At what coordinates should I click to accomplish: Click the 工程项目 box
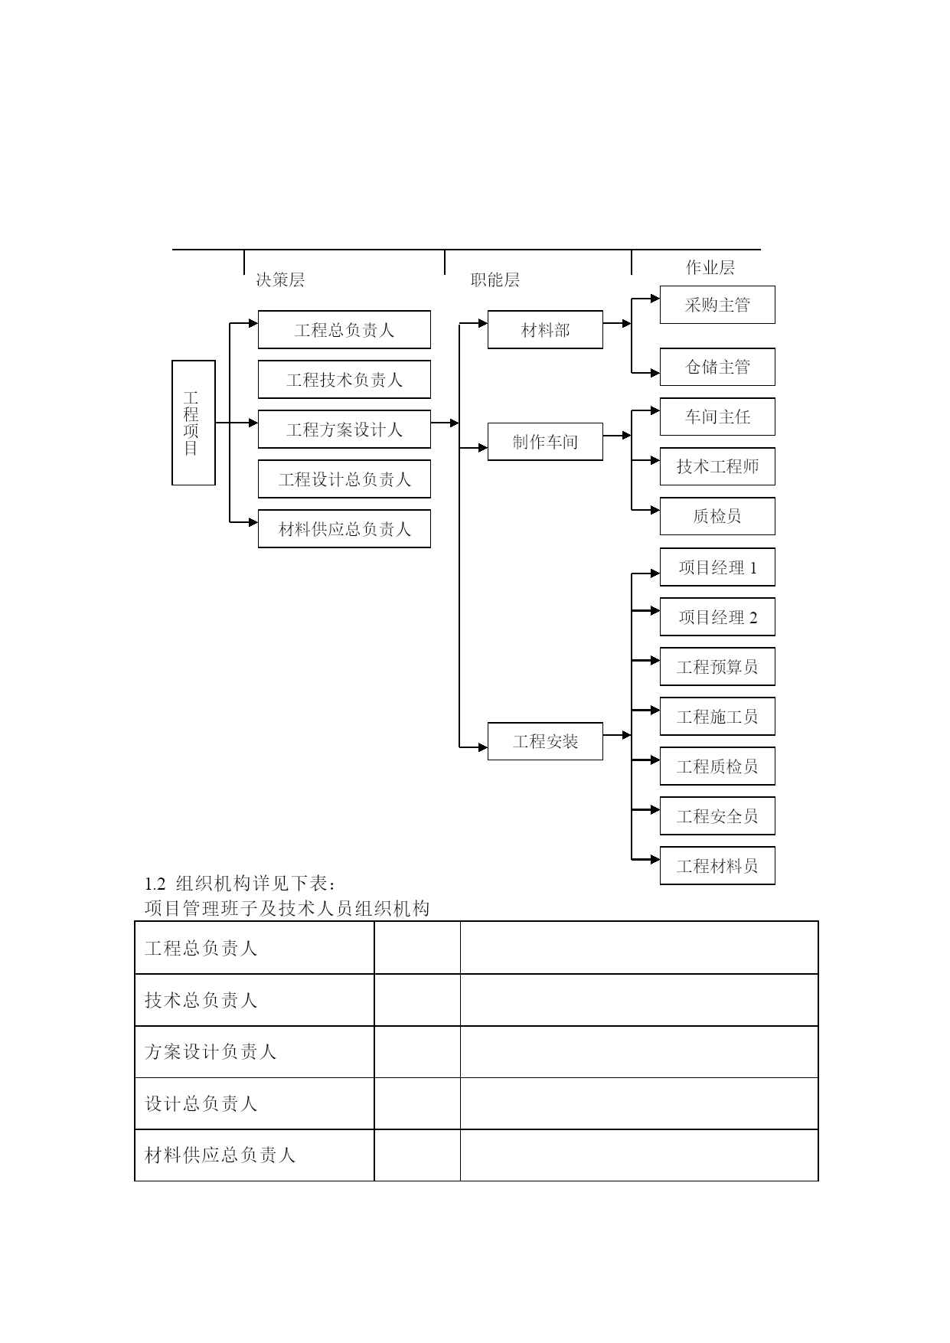coord(194,423)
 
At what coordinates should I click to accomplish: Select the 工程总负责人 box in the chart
coord(344,330)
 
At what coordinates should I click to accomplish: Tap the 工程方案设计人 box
coord(344,430)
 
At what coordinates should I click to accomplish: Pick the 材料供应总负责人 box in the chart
coord(344,529)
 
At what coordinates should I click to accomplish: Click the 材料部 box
coord(545,330)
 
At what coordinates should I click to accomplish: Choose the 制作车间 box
coord(545,442)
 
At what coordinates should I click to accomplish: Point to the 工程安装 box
coord(545,741)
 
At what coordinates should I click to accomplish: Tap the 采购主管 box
coord(717,305)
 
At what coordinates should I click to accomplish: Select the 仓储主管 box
coord(717,367)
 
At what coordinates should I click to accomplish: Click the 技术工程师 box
coord(717,466)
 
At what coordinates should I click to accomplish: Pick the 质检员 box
coord(717,516)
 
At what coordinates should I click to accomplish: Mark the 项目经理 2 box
coord(717,617)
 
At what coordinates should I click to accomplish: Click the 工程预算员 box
coord(717,667)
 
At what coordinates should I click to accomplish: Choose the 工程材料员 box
coord(717,866)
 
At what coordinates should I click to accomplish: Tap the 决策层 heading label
coord(280,279)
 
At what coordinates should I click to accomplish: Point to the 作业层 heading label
coord(710,267)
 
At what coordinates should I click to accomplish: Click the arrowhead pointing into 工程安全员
coord(655,809)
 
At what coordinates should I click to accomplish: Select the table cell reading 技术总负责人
coord(254,1000)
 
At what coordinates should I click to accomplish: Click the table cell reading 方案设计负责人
coord(254,1052)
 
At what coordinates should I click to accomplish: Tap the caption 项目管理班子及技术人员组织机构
coord(287,909)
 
